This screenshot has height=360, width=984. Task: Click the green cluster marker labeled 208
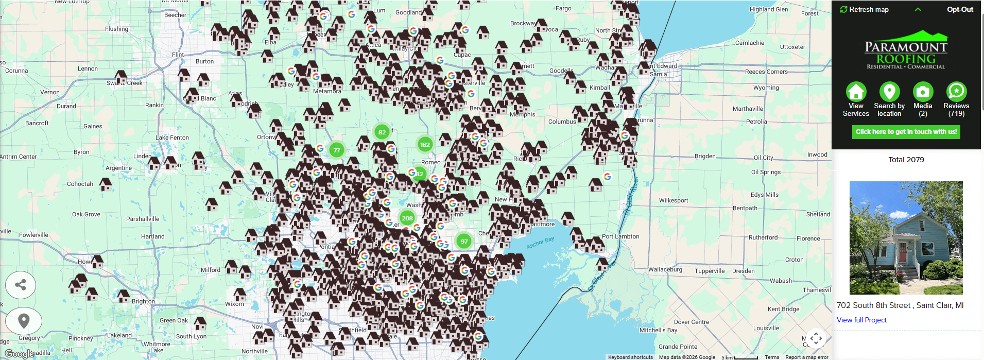407,218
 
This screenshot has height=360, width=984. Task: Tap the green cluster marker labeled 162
425,145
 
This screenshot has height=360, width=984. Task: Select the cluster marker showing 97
464,241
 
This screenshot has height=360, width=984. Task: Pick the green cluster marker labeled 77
337,150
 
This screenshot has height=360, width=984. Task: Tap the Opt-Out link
960,9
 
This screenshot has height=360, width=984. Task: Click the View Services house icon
856,92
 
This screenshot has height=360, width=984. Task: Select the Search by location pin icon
889,92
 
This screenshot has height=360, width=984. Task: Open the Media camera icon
923,92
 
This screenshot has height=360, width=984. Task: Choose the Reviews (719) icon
956,92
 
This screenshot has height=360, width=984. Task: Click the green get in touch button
906,132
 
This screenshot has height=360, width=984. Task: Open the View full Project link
861,320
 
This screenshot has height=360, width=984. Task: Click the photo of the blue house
906,237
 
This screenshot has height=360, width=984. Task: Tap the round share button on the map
21,285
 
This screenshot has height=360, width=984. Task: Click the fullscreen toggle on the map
816,338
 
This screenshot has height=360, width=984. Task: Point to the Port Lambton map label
620,236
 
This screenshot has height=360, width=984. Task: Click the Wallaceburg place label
665,269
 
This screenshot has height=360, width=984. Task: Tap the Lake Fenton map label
172,138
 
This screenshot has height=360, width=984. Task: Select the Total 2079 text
906,160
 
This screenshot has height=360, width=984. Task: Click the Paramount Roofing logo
906,50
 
